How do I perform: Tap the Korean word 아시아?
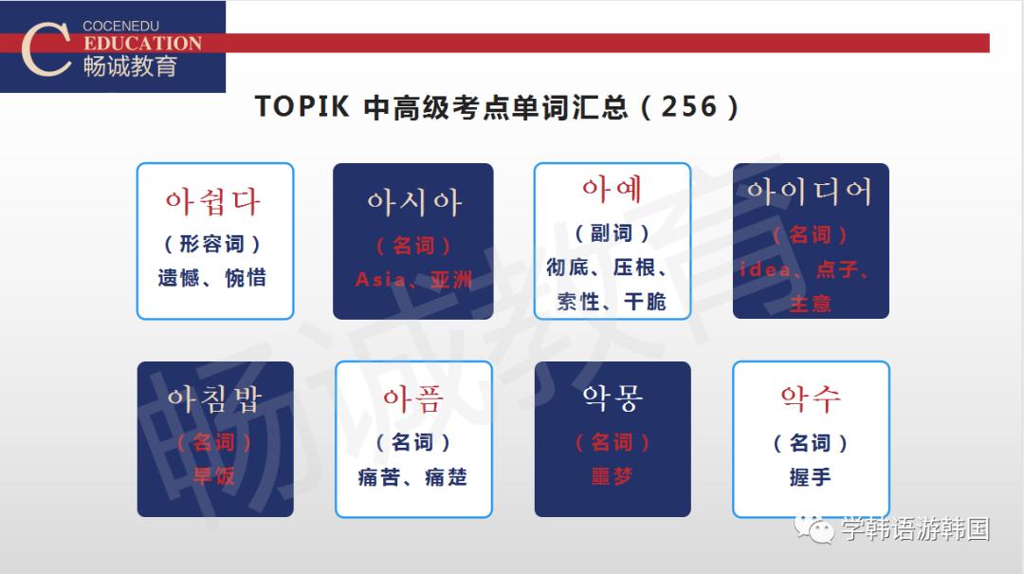[414, 202]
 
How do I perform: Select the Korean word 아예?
[612, 190]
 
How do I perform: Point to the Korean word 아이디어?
[810, 193]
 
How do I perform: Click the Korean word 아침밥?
[214, 398]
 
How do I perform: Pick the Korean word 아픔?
[413, 398]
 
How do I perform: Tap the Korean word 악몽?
[612, 398]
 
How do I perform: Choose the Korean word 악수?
[810, 398]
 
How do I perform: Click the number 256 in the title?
[689, 106]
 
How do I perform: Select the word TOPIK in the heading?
[302, 106]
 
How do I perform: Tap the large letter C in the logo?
[45, 47]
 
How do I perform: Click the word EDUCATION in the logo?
[142, 44]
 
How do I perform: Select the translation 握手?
[810, 477]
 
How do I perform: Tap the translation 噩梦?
[612, 477]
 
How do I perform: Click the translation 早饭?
[214, 475]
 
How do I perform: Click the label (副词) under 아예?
[612, 233]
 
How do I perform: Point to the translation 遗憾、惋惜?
[212, 278]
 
